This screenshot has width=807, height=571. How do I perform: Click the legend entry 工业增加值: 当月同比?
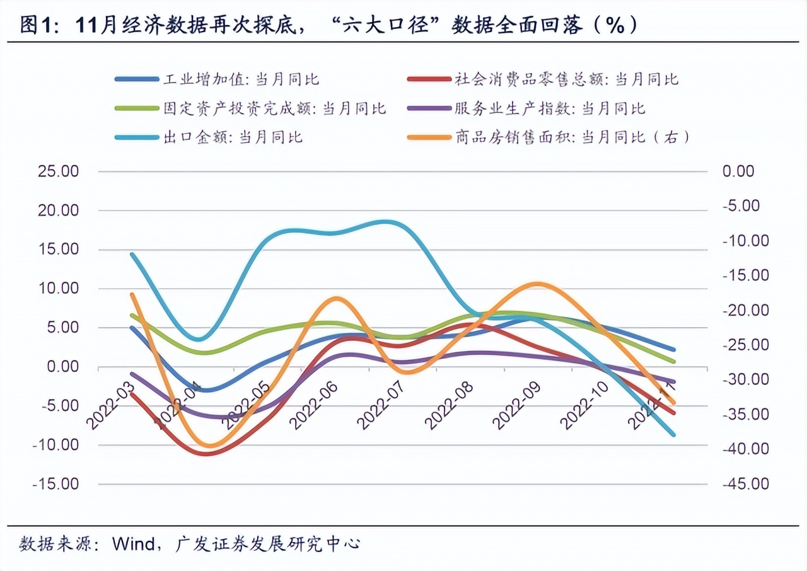pos(241,79)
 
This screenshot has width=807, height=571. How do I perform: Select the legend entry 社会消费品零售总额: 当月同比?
pos(565,79)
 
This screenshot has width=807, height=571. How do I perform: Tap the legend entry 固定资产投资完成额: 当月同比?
pos(274,108)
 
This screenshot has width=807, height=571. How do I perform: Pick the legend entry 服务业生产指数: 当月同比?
pos(549,108)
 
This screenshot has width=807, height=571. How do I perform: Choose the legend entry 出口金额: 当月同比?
pos(233,137)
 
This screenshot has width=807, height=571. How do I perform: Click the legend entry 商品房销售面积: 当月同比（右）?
pos(571,137)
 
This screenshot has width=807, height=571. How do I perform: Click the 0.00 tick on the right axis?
pos(738,171)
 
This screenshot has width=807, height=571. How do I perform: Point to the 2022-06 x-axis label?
pos(315,404)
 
